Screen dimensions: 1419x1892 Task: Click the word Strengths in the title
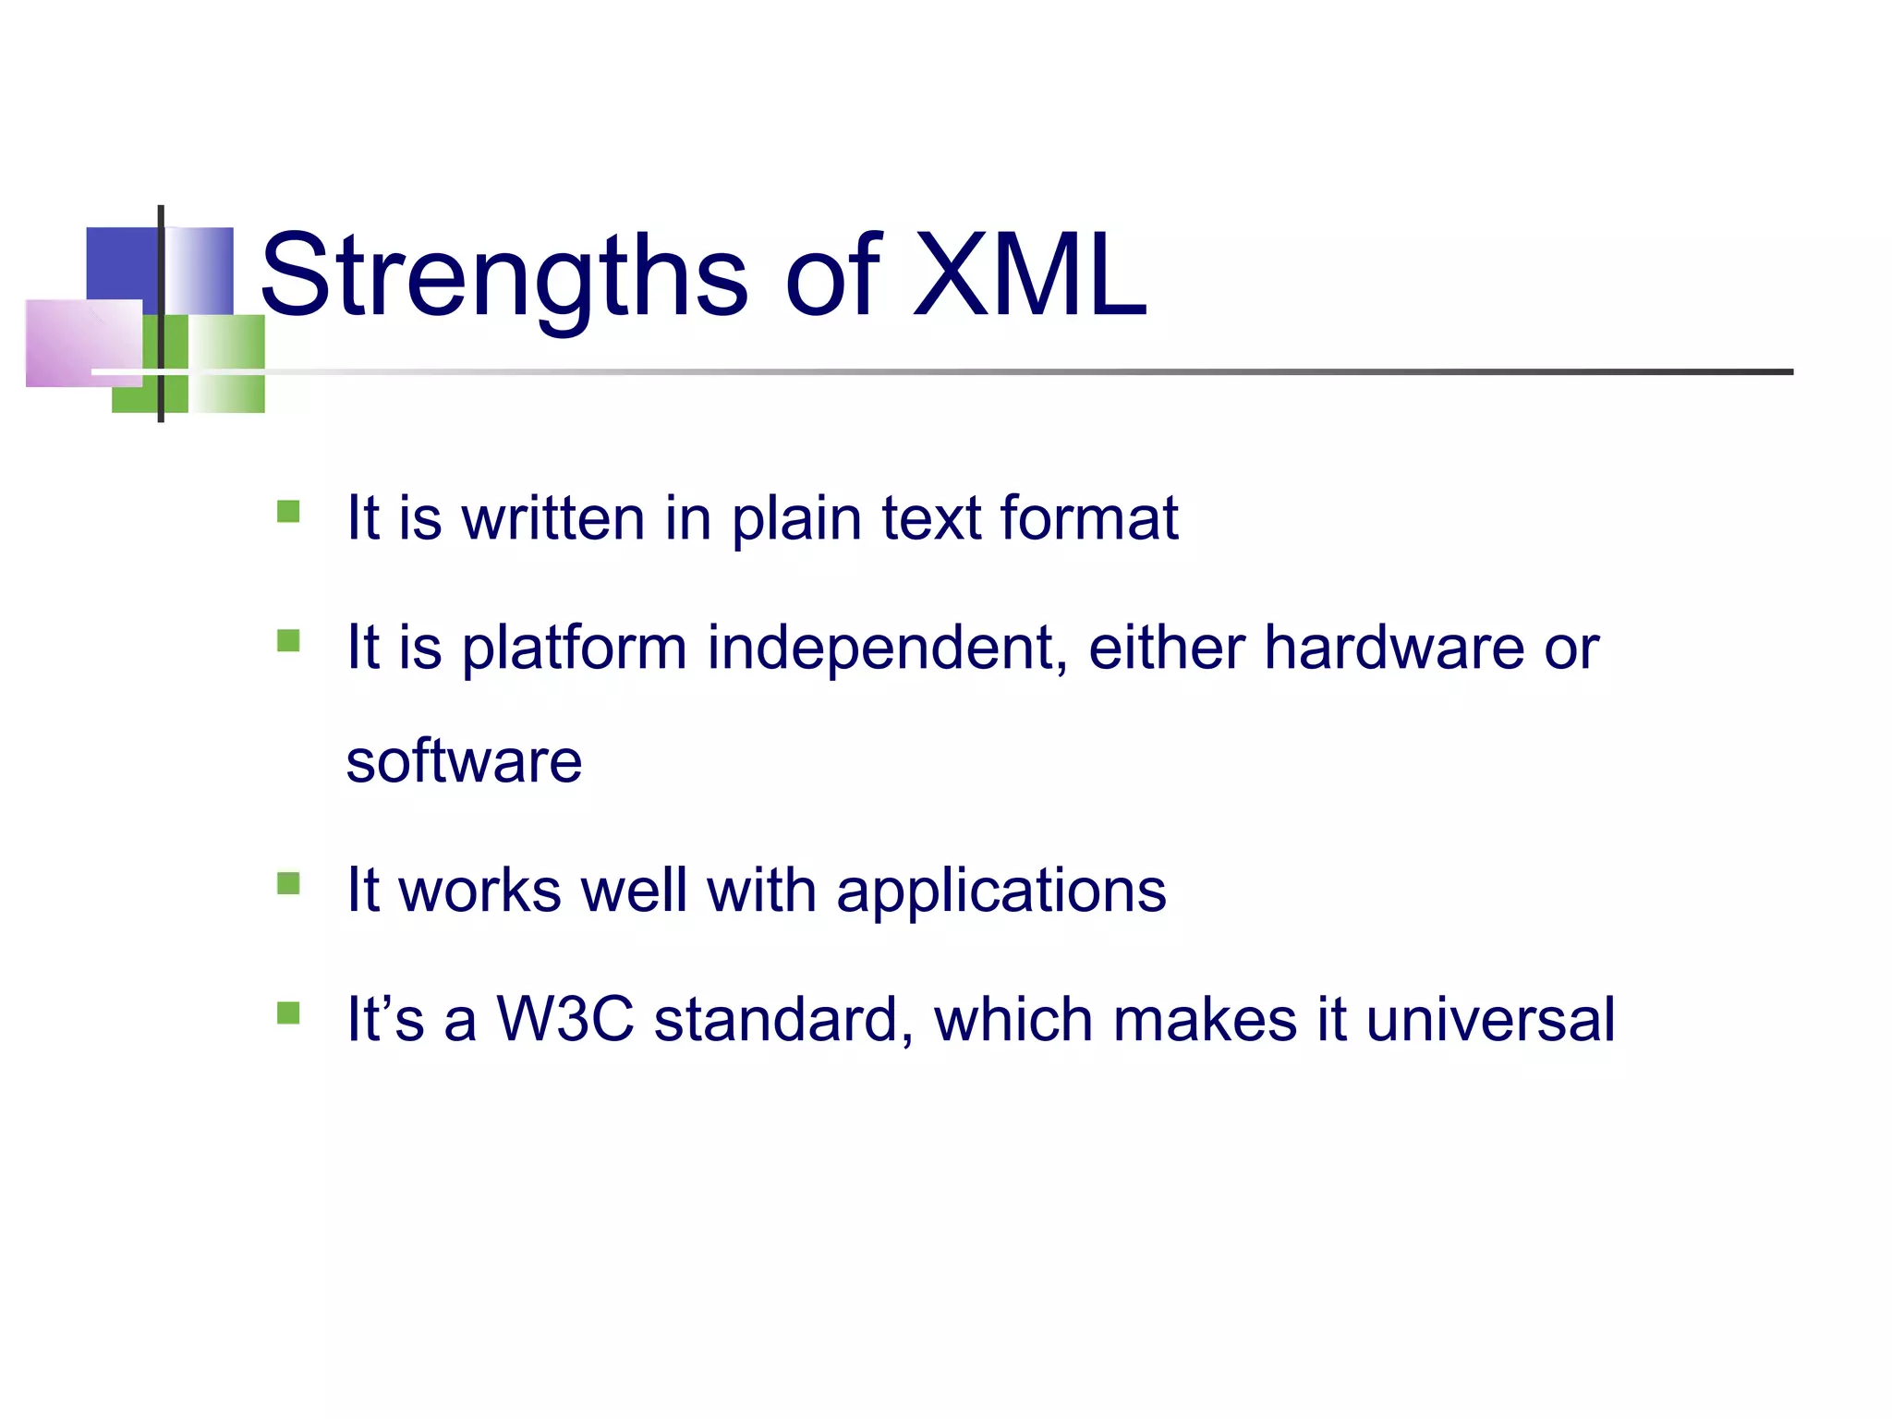pyautogui.click(x=503, y=277)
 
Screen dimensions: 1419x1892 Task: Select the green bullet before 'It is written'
pyautogui.click(x=288, y=512)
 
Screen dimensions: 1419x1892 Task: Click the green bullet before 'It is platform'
pyautogui.click(x=288, y=641)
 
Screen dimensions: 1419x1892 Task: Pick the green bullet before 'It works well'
pyautogui.click(x=288, y=884)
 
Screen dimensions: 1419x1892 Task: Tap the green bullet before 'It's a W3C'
pyautogui.click(x=288, y=1013)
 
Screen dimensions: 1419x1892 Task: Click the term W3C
pyautogui.click(x=565, y=1020)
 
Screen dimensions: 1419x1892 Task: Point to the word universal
pyautogui.click(x=1490, y=1020)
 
